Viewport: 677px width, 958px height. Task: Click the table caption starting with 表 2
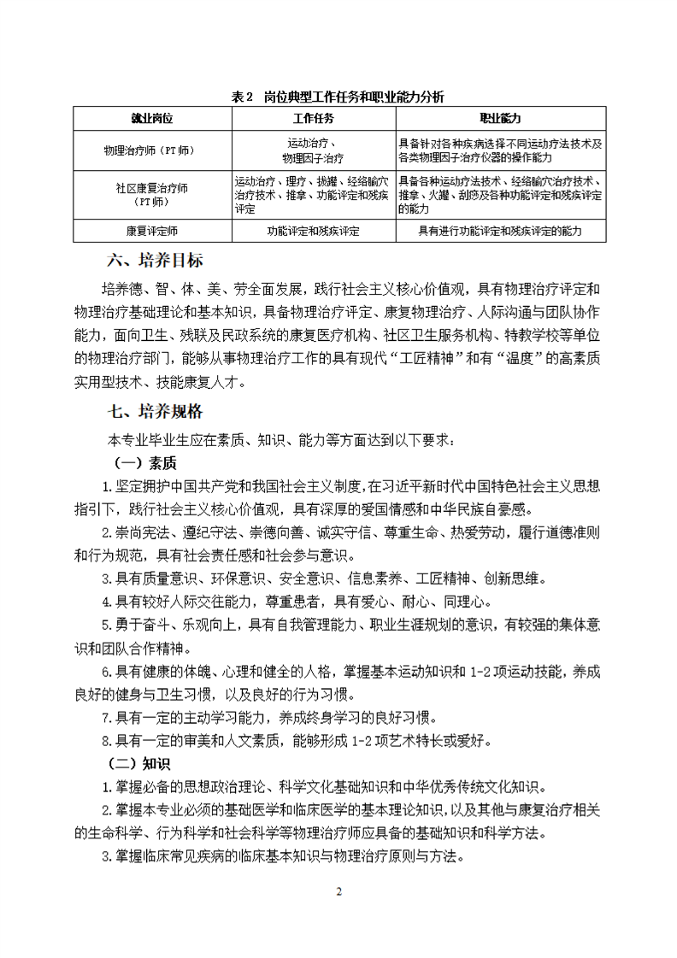[x=338, y=97]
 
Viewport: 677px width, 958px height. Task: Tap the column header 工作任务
[x=313, y=118]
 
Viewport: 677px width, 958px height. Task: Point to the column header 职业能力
[x=501, y=118]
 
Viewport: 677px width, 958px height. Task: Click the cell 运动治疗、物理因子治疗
[x=313, y=150]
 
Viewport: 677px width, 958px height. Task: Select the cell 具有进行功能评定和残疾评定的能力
[x=501, y=231]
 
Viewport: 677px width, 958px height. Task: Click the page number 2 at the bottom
[x=338, y=892]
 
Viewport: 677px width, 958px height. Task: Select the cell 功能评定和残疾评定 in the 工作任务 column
[x=313, y=231]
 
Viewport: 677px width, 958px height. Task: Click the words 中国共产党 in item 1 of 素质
[x=215, y=487]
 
